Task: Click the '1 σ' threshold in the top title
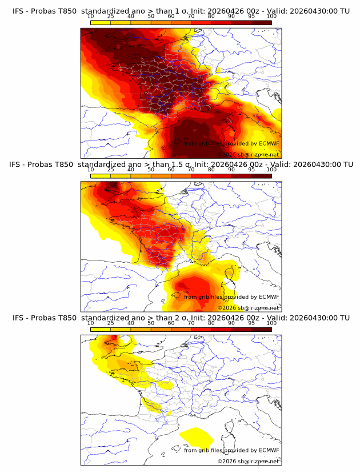pos(185,11)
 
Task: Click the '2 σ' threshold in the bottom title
pos(185,318)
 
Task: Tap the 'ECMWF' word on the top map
pos(269,143)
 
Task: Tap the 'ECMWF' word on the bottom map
pos(269,450)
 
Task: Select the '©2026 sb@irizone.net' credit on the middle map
pos(248,308)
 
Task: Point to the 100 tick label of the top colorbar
pos(271,17)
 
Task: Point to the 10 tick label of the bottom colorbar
pos(90,323)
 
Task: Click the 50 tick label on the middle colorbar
pos(151,170)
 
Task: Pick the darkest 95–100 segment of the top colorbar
pos(262,22)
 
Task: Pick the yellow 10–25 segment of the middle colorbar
pos(101,176)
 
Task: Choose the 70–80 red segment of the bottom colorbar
pos(201,330)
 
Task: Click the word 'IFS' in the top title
pos(18,11)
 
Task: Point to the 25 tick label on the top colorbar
pos(111,17)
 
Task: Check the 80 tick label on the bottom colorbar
pos(211,323)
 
